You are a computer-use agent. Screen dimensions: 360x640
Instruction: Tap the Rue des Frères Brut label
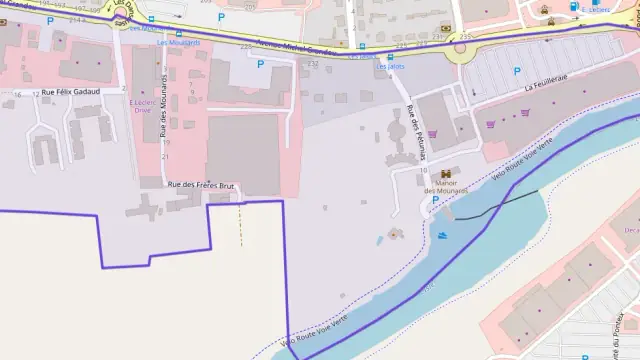coord(199,185)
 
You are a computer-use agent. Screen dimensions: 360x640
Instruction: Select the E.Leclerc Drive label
coord(145,106)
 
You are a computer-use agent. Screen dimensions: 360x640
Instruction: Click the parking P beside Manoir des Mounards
coord(434,200)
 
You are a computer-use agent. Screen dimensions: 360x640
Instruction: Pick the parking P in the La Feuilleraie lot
coord(516,70)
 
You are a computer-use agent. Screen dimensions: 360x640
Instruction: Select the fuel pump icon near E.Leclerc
coord(573,8)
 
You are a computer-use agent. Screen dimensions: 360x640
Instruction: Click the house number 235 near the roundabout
coord(464,37)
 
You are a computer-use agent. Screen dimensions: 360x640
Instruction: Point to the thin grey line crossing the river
coord(500,206)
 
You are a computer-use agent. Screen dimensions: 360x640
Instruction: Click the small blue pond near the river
coord(378,240)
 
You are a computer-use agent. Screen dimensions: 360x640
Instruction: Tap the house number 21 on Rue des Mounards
coord(165,156)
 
